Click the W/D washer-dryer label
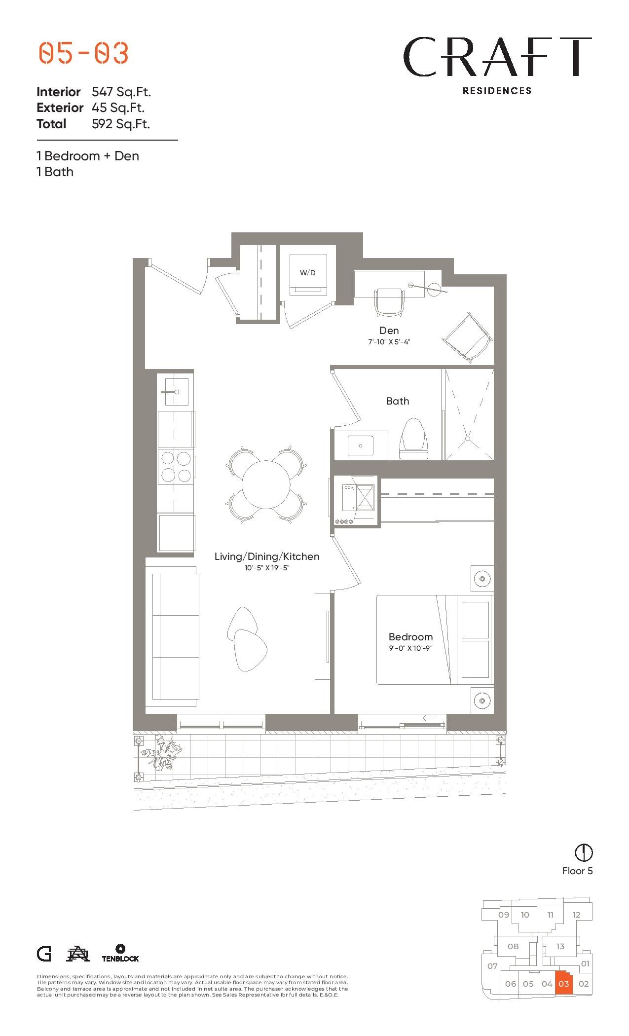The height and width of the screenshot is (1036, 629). coord(307,273)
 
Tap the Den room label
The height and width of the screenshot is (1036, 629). coord(389,331)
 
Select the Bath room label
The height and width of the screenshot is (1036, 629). coord(398,401)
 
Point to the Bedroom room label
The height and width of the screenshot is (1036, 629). coord(410,637)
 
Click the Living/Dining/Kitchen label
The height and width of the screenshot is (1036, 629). coord(267,556)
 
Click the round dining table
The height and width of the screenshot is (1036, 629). coord(266,484)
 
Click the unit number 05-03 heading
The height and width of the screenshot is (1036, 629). coord(83,53)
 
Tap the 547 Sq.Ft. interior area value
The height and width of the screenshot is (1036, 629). coord(121,92)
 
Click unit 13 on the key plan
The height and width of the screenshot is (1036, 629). coord(560,946)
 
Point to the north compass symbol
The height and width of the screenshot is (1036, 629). coord(584,852)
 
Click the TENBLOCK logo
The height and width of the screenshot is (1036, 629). coord(120,953)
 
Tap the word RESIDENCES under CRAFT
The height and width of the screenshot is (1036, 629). coord(497,91)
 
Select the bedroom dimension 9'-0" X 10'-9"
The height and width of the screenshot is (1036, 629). coord(410,648)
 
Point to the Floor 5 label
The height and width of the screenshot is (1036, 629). coord(577,871)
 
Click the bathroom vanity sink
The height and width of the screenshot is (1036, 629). coord(360,445)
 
